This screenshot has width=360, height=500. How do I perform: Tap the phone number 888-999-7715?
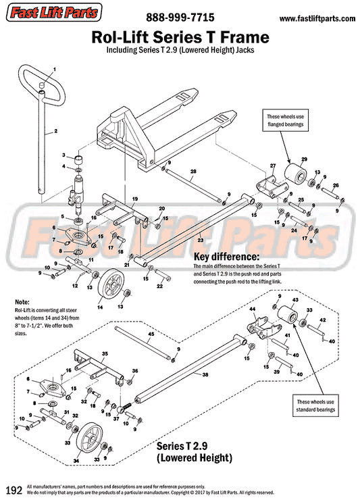[178, 18]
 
